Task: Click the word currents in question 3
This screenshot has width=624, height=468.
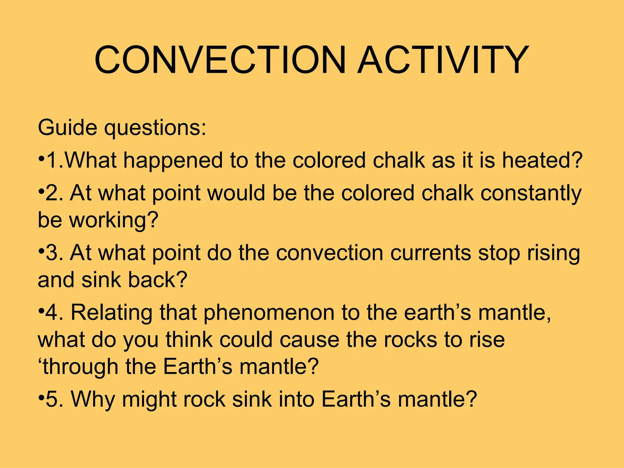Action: pyautogui.click(x=430, y=253)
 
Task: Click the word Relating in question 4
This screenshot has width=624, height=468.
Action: pyautogui.click(x=111, y=313)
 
